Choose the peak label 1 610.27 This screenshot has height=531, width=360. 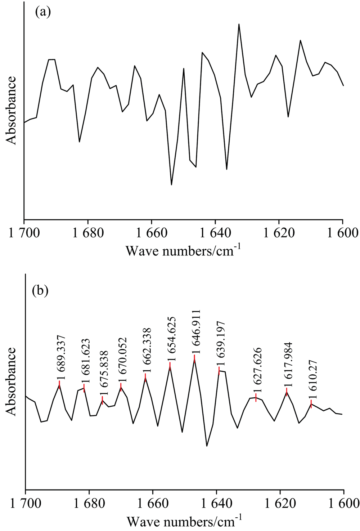[x=312, y=379]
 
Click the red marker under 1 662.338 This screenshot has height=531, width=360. [x=145, y=377]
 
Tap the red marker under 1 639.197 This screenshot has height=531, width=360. [x=219, y=371]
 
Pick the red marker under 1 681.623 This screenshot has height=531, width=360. [x=84, y=388]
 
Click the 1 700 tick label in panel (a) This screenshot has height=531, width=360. [x=24, y=233]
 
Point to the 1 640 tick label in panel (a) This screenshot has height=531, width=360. [x=215, y=233]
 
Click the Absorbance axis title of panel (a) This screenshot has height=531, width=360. [x=12, y=110]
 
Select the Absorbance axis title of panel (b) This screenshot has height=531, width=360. [x=12, y=381]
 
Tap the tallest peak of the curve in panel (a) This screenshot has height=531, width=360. [x=239, y=24]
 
